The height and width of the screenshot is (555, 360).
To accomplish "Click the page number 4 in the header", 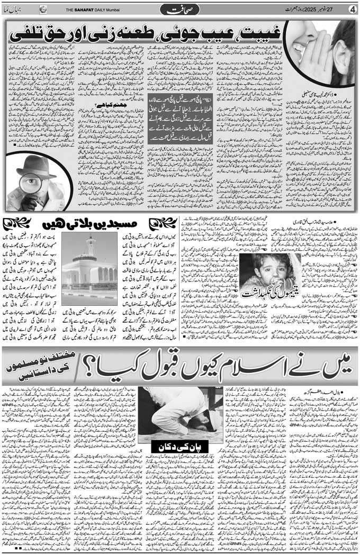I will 352,9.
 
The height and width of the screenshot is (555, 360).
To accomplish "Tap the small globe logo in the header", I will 43,9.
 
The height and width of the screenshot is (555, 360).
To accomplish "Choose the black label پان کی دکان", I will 178,446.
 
